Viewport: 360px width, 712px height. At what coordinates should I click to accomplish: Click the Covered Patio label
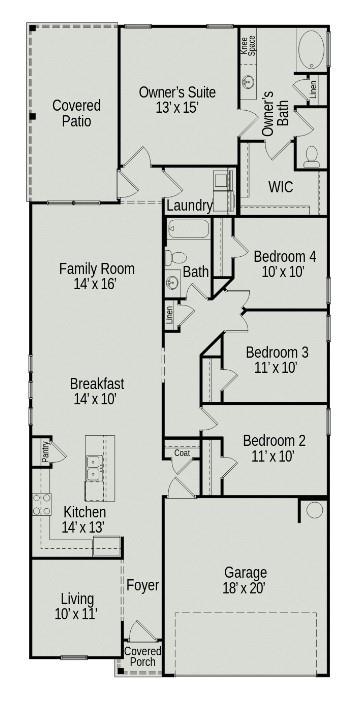pos(76,112)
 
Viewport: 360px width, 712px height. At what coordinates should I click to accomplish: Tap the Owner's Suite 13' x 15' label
pos(177,100)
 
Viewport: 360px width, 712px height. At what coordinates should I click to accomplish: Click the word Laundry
pos(189,206)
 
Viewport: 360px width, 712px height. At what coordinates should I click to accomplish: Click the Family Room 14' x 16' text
pos(96,276)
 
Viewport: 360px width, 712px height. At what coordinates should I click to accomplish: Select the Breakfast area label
pos(97,391)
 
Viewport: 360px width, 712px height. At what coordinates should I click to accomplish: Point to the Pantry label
pos(45,452)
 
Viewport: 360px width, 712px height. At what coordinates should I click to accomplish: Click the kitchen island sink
pos(96,463)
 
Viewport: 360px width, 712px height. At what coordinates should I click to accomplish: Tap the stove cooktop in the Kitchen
pos(42,505)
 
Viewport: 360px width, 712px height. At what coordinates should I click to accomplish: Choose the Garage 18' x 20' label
pos(245,581)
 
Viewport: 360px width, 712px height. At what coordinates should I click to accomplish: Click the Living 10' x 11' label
pos(76,606)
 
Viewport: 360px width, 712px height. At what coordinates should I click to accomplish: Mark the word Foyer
pos(142,585)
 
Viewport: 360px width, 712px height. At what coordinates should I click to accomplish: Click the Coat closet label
pos(182,453)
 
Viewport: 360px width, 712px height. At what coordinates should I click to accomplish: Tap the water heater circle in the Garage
pos(315,510)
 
